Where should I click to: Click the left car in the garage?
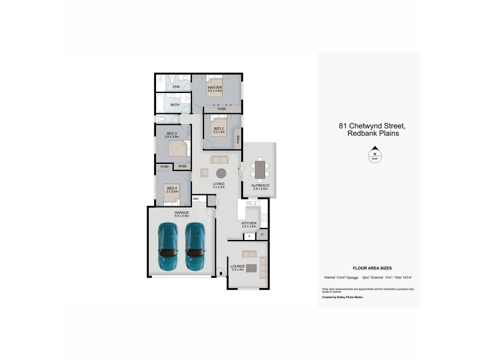pyautogui.click(x=168, y=247)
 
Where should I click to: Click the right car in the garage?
pyautogui.click(x=196, y=247)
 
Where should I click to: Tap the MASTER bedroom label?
pyautogui.click(x=215, y=88)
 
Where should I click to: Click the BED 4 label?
pyautogui.click(x=172, y=188)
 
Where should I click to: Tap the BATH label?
pyautogui.click(x=175, y=105)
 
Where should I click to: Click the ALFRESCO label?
pyautogui.click(x=260, y=186)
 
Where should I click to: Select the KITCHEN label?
pyautogui.click(x=249, y=223)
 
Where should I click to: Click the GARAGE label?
pyautogui.click(x=182, y=212)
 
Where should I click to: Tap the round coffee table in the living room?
pyautogui.click(x=221, y=172)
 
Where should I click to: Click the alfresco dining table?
pyautogui.click(x=260, y=169)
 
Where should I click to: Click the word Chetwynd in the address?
pyautogui.click(x=370, y=126)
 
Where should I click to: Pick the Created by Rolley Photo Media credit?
pyautogui.click(x=343, y=297)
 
